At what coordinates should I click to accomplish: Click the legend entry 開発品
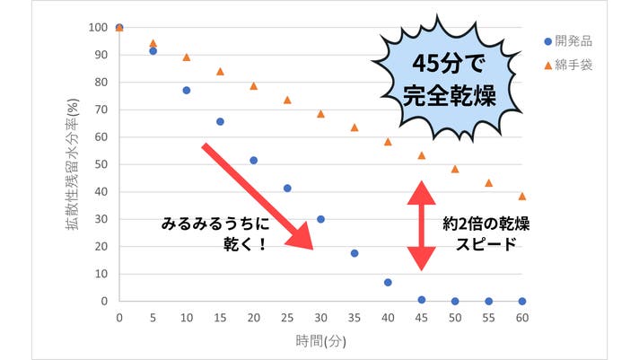572,41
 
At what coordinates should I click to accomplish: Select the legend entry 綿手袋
572,66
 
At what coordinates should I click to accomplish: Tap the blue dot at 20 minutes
253,161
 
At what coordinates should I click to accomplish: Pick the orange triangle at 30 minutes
320,114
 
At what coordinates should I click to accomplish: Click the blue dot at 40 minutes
388,282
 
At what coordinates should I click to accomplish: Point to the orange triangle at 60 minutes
522,196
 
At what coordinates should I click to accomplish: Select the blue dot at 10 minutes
187,91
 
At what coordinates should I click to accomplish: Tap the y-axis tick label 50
100,164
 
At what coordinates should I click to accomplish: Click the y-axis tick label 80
100,83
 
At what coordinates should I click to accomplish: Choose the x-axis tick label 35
355,317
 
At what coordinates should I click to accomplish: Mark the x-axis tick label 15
220,317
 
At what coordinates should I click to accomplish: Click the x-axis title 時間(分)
320,341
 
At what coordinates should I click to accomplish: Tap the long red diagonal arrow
257,196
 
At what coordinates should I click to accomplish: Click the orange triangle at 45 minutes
422,155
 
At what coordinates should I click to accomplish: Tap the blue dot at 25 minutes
287,189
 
